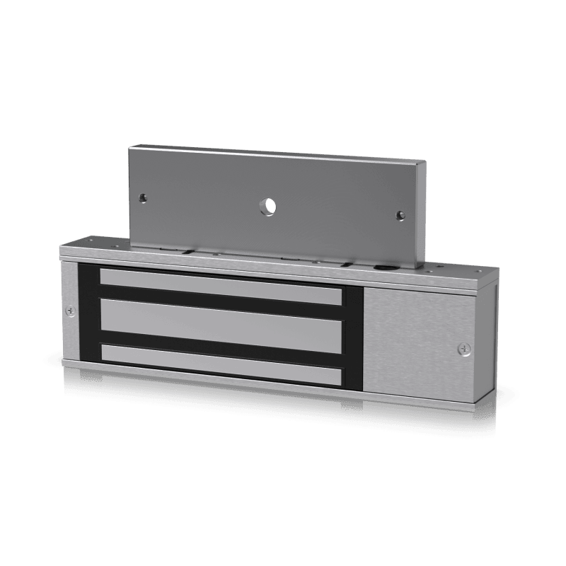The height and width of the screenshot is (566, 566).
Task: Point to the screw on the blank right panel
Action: click(x=462, y=348)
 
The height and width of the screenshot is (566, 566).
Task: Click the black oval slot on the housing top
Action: click(x=383, y=268)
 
